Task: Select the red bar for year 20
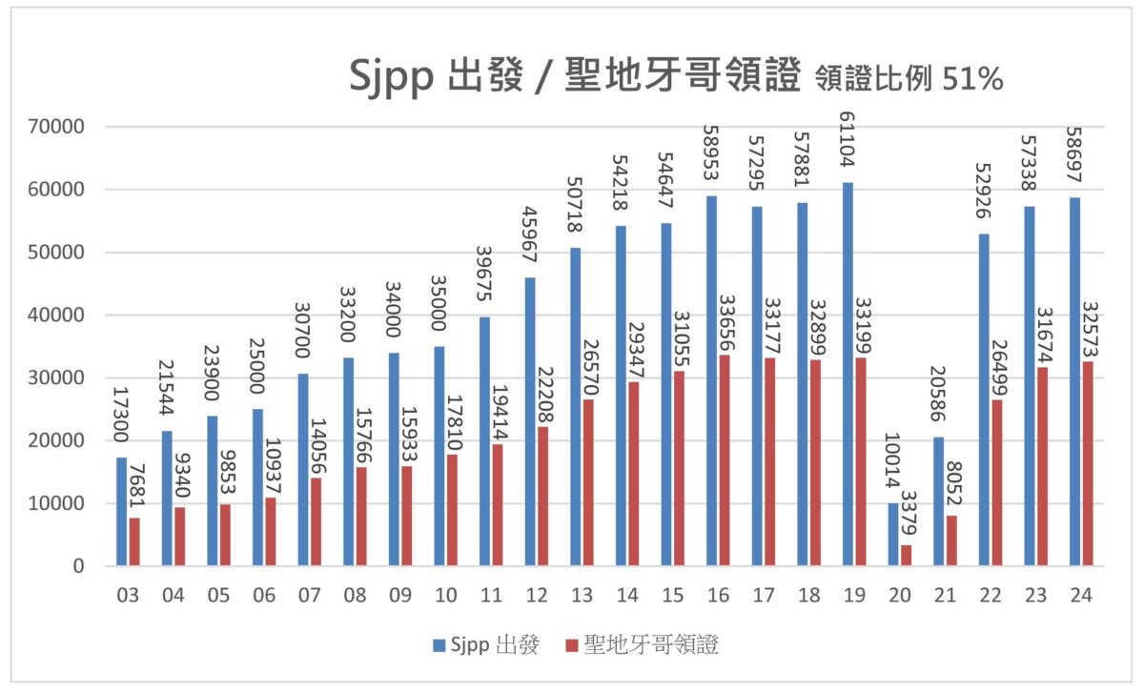point(907,555)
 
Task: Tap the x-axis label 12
point(537,596)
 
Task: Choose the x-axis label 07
point(310,596)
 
